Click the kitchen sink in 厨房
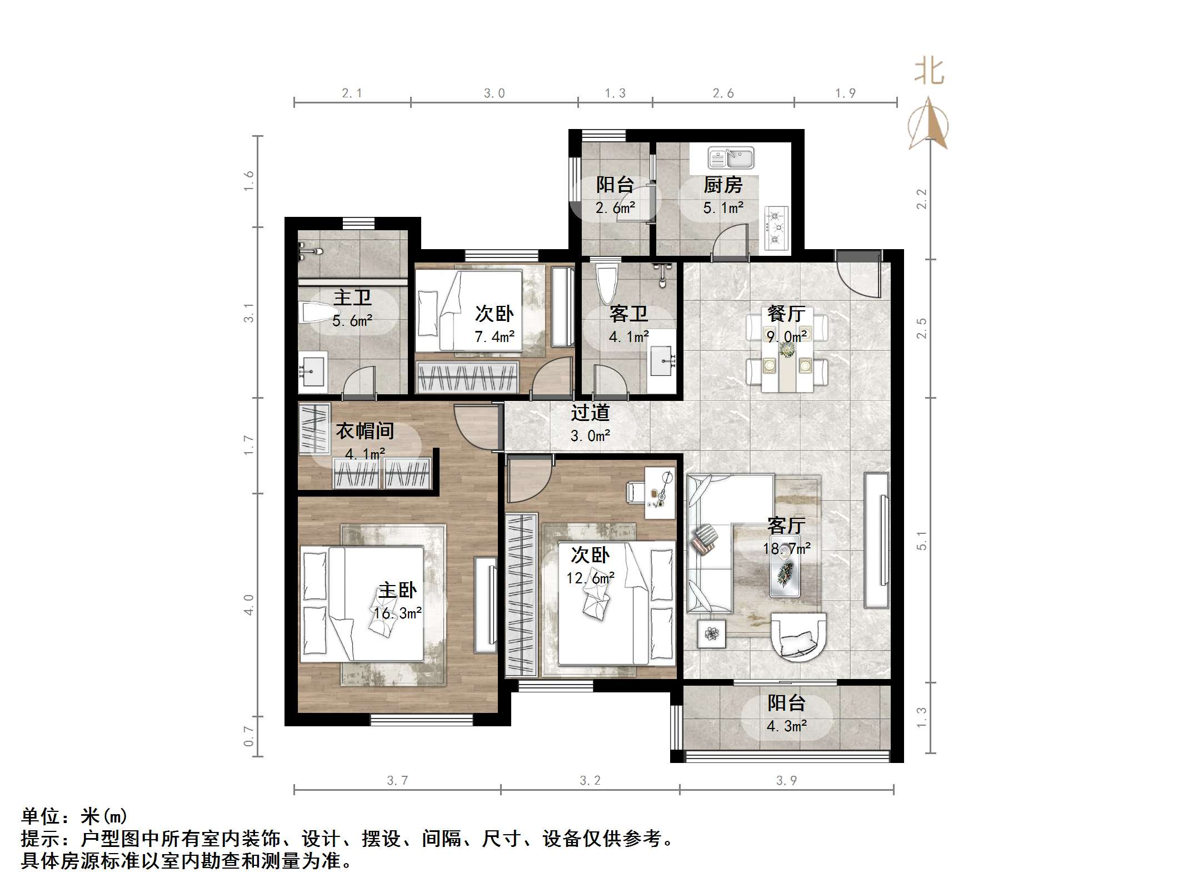tap(730, 158)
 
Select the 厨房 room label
tap(723, 185)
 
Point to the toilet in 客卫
tap(606, 284)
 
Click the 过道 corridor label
tap(590, 413)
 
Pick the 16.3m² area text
tap(397, 613)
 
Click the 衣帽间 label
tap(365, 431)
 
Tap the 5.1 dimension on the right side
tap(921, 540)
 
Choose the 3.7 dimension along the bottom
tap(397, 781)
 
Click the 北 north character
tap(929, 72)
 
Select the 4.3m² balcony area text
tap(787, 726)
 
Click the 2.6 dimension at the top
tap(723, 93)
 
